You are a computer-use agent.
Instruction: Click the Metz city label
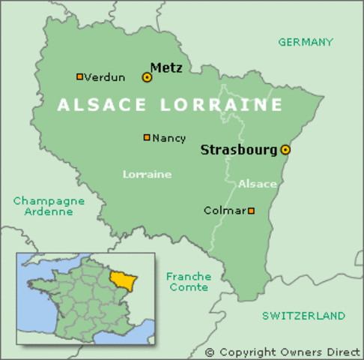tap(166, 67)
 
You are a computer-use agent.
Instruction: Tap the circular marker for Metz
tap(147, 76)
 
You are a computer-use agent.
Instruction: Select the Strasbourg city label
tap(239, 150)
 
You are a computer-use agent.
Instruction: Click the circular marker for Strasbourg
tap(285, 150)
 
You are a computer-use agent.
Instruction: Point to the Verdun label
tap(105, 77)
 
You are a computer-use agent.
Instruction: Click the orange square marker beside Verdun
tap(79, 76)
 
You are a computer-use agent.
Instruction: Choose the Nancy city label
tap(169, 138)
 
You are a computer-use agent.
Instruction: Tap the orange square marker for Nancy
tap(147, 137)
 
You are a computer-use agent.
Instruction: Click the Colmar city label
tap(224, 211)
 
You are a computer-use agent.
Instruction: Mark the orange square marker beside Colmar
tap(251, 211)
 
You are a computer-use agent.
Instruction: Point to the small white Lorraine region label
tap(147, 174)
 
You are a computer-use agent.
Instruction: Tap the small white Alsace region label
tap(258, 184)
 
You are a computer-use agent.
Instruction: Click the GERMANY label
tap(306, 42)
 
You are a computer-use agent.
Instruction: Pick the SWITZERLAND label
tap(303, 316)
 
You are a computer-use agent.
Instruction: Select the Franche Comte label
tap(189, 282)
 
